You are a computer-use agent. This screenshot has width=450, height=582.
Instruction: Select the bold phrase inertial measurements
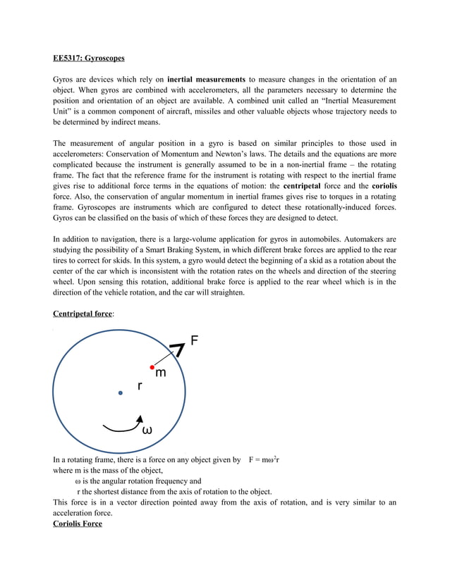[206, 78]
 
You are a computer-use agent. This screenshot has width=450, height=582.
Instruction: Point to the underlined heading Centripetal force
[83, 314]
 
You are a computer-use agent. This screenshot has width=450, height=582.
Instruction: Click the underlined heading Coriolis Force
[78, 524]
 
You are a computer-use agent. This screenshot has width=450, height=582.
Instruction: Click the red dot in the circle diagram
[151, 367]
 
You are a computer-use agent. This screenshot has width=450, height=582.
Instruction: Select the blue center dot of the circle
[121, 392]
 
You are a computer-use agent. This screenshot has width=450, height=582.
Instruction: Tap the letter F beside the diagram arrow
[195, 342]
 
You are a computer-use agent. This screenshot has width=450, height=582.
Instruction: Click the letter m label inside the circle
[161, 373]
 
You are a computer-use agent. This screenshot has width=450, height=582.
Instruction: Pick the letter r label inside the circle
[140, 386]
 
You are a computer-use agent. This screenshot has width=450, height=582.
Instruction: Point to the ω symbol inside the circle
[147, 429]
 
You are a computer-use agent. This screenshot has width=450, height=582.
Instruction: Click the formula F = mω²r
[264, 460]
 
